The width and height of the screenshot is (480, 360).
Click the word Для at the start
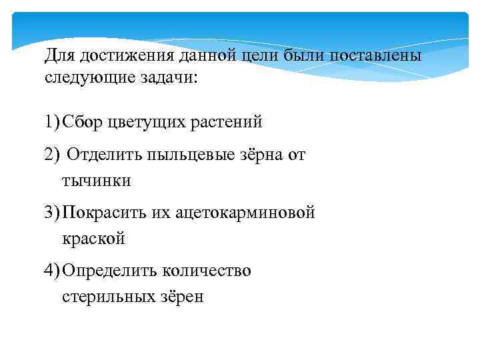61,55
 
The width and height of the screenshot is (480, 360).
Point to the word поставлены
374,55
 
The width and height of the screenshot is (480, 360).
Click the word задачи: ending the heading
169,77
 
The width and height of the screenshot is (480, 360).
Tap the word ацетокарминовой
245,213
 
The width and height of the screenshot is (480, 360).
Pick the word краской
93,237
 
